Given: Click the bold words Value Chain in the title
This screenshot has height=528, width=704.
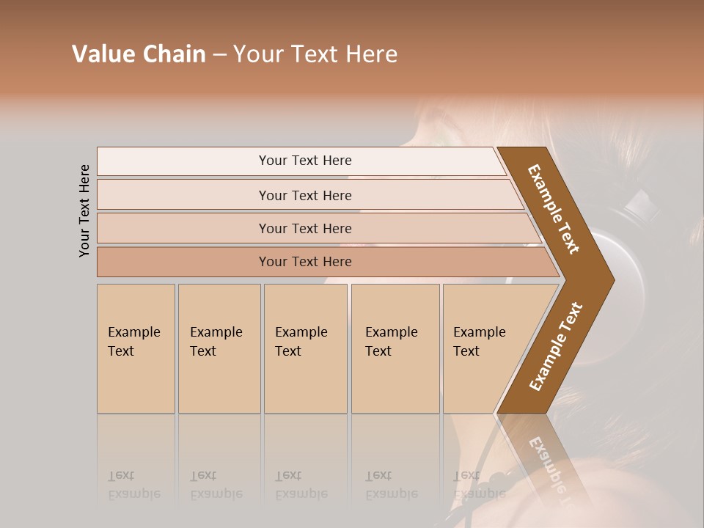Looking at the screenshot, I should (x=139, y=54).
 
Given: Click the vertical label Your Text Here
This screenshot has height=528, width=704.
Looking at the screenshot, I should (x=84, y=210).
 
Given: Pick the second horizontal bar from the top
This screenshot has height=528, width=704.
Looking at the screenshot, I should (x=305, y=195).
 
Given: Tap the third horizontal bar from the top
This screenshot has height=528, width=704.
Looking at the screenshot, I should (x=305, y=228).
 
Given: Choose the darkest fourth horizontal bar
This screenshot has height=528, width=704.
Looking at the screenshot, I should (x=305, y=262).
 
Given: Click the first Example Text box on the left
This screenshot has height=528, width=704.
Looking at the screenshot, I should (x=136, y=348).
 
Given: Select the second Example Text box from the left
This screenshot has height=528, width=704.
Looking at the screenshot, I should (x=219, y=348).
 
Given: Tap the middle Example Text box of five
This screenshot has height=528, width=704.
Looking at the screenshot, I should (x=305, y=348).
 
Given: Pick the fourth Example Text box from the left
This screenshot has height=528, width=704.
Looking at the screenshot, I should (x=395, y=348).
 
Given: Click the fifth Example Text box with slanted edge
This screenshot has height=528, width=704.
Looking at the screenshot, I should (x=484, y=348).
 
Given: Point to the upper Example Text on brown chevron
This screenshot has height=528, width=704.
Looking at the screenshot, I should (x=554, y=209).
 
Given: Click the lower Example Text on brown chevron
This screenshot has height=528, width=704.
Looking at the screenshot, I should (x=555, y=347).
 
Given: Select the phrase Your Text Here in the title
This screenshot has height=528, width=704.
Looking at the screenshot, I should (x=315, y=54).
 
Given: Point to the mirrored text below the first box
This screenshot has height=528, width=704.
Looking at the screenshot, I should (x=133, y=485).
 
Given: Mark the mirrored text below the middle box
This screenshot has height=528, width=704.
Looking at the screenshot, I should (x=301, y=485).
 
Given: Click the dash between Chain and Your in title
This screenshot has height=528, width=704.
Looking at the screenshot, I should (x=219, y=54).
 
